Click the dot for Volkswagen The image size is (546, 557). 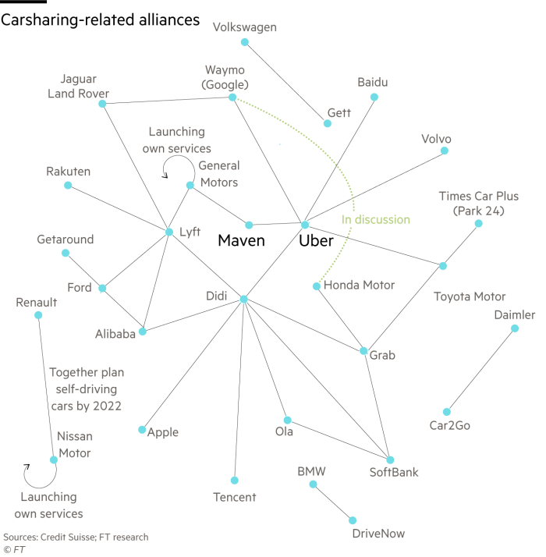[x=244, y=42]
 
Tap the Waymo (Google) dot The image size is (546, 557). [x=232, y=98]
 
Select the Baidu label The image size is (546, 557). [x=372, y=82]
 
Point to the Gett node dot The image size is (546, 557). [x=328, y=123]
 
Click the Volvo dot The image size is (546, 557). [x=445, y=151]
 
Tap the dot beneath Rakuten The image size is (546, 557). [x=68, y=185]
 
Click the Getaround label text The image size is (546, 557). [x=66, y=239]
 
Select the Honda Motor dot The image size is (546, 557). [x=316, y=286]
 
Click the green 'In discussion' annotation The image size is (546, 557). [x=376, y=220]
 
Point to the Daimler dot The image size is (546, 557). [x=514, y=328]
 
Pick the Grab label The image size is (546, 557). [x=382, y=355]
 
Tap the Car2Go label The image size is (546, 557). [x=450, y=426]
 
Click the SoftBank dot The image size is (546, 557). [x=390, y=460]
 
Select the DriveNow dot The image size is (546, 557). [x=353, y=520]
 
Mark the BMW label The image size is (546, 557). [x=311, y=471]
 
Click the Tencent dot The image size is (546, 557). [x=234, y=481]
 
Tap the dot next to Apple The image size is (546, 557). [x=141, y=430]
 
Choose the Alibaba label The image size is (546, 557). [x=115, y=333]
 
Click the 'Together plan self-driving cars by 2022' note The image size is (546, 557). [x=86, y=389]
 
